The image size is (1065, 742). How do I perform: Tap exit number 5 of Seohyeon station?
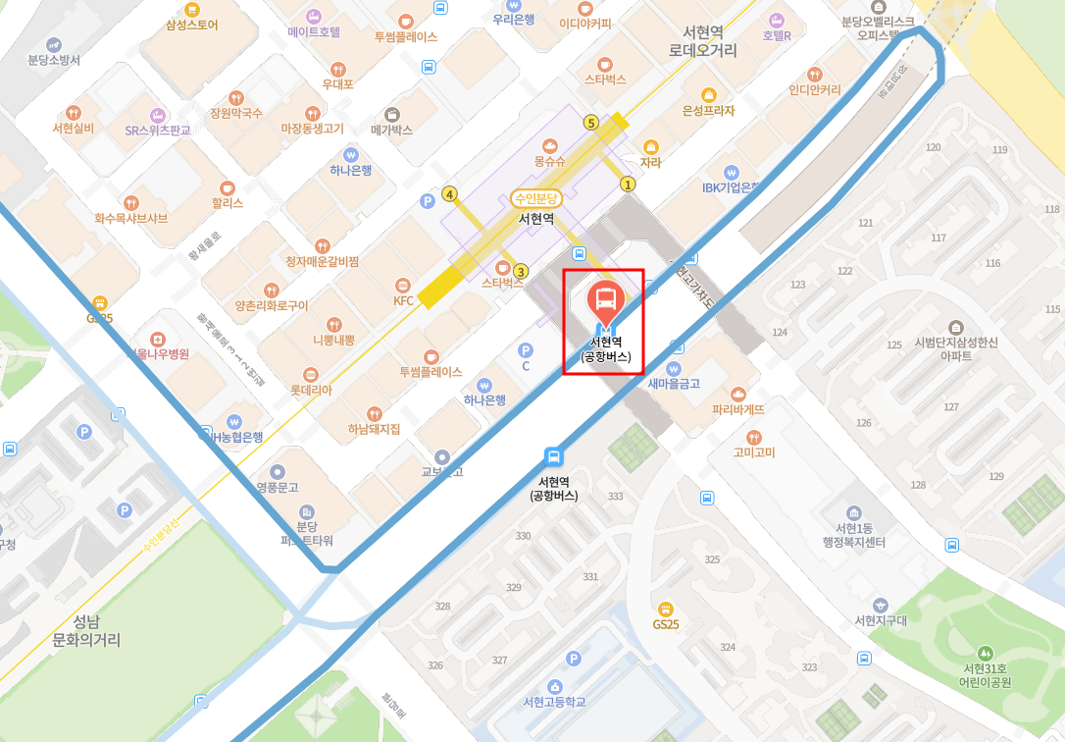[x=590, y=123]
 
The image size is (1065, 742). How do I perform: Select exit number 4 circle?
[x=450, y=194]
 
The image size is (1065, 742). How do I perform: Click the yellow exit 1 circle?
[x=629, y=184]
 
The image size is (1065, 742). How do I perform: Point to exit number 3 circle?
[x=521, y=271]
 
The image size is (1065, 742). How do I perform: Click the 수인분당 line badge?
[x=536, y=197]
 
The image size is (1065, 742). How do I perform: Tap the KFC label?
[x=404, y=300]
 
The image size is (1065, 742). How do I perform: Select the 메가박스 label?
[x=392, y=129]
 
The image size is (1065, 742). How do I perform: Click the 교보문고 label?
[x=441, y=471]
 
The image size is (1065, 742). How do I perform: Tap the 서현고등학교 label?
[x=555, y=702]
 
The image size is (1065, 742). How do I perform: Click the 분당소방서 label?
[x=54, y=59]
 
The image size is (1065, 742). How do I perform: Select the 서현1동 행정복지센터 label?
[x=854, y=536]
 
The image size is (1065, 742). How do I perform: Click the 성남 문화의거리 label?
[x=85, y=631]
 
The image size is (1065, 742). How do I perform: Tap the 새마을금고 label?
[x=674, y=383]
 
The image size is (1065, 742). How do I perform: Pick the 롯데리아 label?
[x=311, y=390]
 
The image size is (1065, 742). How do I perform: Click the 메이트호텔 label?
[x=314, y=31]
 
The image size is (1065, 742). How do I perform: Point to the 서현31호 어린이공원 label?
[x=984, y=674]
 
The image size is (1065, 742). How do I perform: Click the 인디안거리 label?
[x=815, y=89]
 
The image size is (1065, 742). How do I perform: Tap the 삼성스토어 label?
[x=192, y=24]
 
